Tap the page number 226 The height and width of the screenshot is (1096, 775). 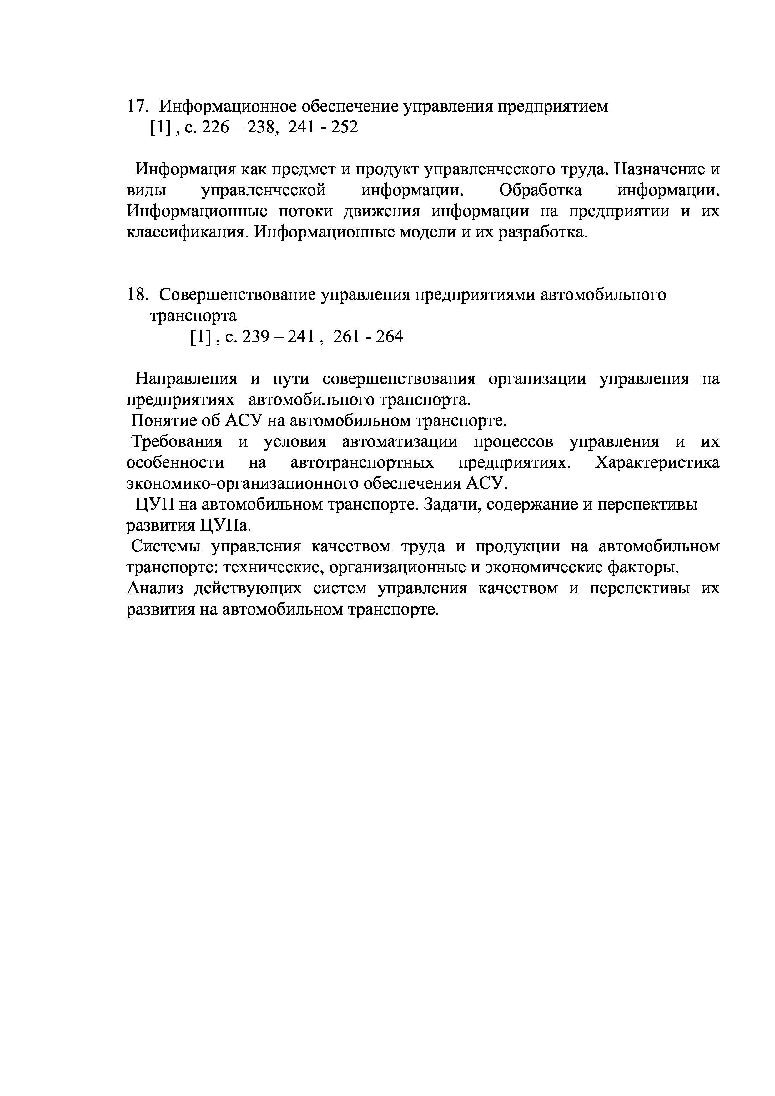tap(216, 127)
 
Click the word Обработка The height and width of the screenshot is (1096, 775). tap(540, 190)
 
